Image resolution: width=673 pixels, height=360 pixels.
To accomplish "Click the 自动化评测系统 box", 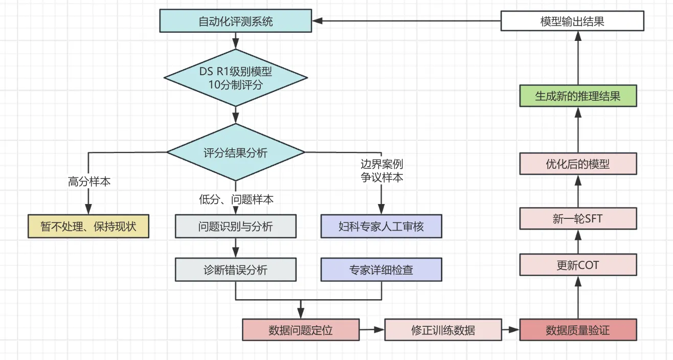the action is [x=236, y=21].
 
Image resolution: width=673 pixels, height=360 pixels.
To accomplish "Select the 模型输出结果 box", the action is [x=572, y=21].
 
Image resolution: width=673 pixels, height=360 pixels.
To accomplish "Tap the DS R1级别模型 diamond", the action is [x=236, y=78].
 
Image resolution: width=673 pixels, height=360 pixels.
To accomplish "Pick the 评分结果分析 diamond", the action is [x=236, y=152].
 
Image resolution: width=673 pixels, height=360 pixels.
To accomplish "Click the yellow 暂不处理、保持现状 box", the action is [x=88, y=226].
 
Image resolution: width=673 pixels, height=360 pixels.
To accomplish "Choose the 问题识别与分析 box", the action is [x=236, y=226].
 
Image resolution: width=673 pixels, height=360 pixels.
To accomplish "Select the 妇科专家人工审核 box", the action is [x=382, y=226].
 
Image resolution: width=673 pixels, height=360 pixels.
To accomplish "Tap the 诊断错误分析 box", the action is [x=236, y=269].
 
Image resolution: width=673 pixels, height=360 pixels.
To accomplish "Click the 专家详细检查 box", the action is [x=382, y=269].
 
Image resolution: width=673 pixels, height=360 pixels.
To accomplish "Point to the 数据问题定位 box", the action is [x=301, y=330].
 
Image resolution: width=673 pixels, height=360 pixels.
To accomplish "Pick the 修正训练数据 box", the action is [x=443, y=330].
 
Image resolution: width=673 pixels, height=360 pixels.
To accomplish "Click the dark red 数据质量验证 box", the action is [x=578, y=330].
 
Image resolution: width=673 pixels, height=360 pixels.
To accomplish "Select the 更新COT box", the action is [x=578, y=265].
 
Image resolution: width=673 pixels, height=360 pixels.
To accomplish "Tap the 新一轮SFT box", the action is [x=578, y=218].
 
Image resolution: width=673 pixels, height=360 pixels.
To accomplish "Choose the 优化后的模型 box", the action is [x=578, y=164].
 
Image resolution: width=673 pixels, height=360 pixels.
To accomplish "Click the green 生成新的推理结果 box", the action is [x=578, y=96].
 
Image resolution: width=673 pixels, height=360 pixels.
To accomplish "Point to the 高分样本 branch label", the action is [x=89, y=182].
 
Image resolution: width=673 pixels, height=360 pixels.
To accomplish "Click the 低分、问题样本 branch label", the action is [x=236, y=199].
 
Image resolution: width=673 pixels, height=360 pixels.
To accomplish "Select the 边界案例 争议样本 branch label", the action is [x=382, y=171].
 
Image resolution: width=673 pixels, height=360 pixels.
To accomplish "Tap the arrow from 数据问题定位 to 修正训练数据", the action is [x=372, y=330].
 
